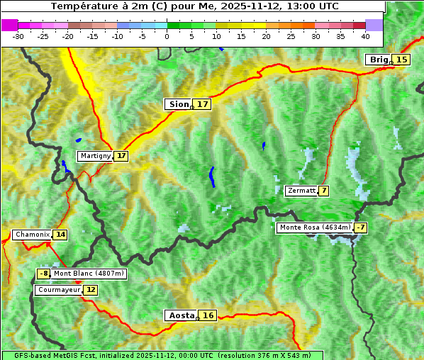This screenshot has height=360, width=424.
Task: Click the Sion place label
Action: click(x=177, y=104)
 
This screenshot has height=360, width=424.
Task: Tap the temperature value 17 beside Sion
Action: click(x=203, y=104)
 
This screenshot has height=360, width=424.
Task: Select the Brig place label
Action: click(x=378, y=60)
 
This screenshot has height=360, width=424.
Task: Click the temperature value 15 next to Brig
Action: click(x=401, y=60)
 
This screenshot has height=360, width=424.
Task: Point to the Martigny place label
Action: click(x=95, y=156)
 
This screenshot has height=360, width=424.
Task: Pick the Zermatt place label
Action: click(x=301, y=191)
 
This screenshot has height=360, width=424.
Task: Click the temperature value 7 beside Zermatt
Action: click(x=323, y=191)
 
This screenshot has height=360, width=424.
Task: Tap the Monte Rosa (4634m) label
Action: click(x=314, y=227)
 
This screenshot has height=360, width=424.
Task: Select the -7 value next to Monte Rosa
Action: click(x=361, y=227)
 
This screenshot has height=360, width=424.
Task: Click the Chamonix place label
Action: click(x=31, y=235)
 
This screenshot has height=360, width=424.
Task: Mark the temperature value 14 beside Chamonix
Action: click(x=60, y=235)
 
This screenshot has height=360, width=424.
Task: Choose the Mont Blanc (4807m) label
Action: click(x=89, y=274)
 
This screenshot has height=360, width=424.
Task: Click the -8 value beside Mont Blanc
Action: click(x=44, y=274)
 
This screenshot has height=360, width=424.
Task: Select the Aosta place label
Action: click(x=180, y=315)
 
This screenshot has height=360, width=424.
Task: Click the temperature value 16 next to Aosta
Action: click(x=207, y=315)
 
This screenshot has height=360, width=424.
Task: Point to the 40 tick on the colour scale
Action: click(x=365, y=35)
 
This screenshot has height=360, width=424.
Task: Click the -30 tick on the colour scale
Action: click(x=18, y=35)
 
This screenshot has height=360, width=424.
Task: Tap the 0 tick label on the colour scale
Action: click(x=167, y=35)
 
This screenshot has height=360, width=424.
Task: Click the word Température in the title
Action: click(x=83, y=6)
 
